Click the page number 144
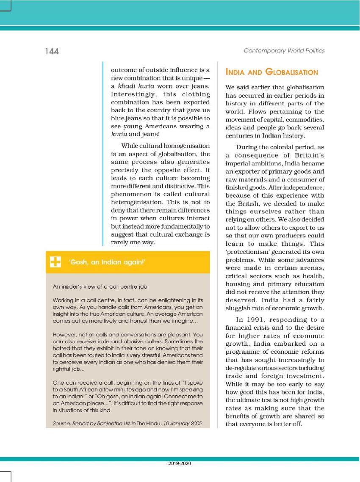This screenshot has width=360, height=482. click(52, 52)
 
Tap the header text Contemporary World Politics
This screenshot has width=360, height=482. click(284, 51)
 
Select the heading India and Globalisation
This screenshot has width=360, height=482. click(272, 72)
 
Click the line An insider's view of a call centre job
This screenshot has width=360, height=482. click(100, 286)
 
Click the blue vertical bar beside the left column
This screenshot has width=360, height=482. click(103, 154)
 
